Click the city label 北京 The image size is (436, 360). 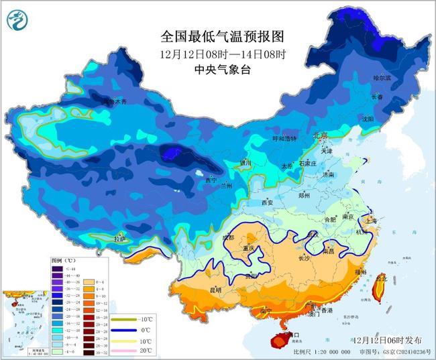tap(321, 136)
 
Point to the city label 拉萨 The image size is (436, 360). tap(119, 239)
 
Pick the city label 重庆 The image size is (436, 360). tap(250, 249)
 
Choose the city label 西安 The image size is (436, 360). tap(268, 202)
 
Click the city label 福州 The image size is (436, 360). tap(360, 272)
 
